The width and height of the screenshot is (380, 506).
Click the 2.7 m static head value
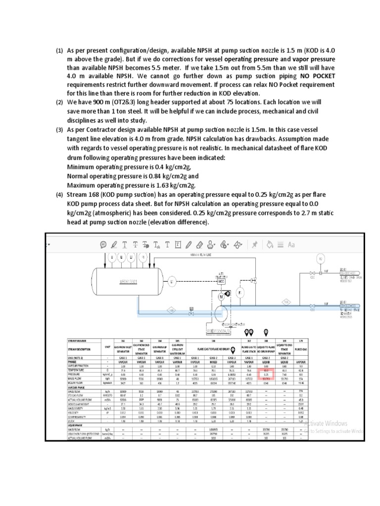(282, 213)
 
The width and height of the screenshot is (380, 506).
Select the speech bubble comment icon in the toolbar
(103, 244)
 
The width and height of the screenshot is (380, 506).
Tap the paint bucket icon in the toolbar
(270, 244)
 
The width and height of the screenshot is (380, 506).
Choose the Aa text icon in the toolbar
(291, 244)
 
